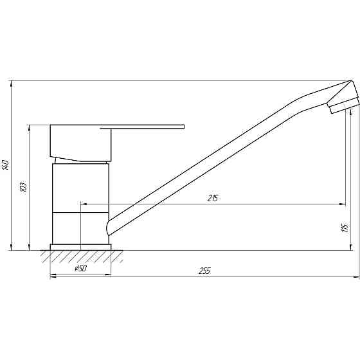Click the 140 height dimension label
point(6,165)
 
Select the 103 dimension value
point(24,187)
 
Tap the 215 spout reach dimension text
point(213,198)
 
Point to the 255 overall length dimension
point(204,271)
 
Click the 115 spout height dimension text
point(345,227)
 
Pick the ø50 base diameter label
point(80,268)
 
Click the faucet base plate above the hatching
point(80,247)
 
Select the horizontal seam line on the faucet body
point(80,212)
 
